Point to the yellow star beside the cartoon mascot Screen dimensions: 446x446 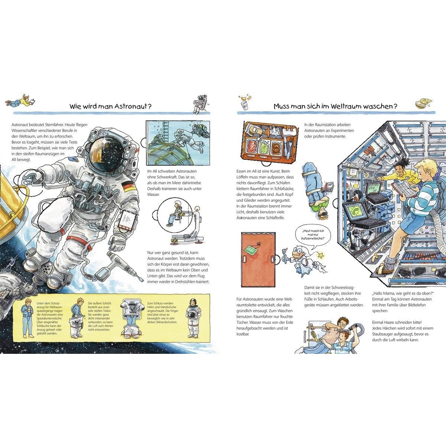[x=321, y=256]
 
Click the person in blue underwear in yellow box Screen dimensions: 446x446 [x=27, y=318]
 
